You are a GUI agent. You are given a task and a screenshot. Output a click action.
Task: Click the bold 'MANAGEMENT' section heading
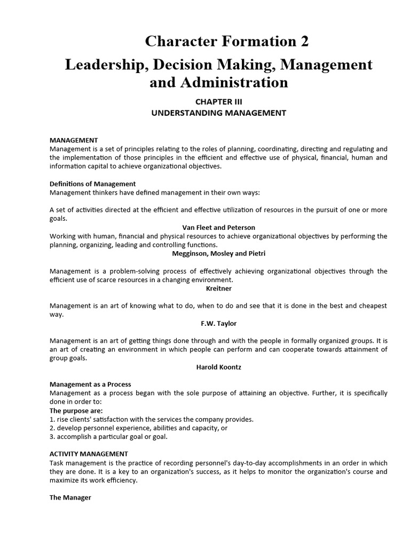(x=74, y=140)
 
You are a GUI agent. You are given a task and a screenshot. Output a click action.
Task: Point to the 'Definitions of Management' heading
(x=93, y=183)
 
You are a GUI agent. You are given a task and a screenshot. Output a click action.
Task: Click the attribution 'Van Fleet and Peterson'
(x=219, y=227)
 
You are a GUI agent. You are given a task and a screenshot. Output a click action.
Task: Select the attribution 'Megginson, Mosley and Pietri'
(x=219, y=253)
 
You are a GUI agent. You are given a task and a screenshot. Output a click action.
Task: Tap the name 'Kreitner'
(x=219, y=288)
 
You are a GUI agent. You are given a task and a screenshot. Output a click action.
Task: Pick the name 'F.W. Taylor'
(x=219, y=323)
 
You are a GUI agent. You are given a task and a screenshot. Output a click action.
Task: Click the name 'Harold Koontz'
(x=219, y=367)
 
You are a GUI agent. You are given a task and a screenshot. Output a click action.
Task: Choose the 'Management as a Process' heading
(x=90, y=384)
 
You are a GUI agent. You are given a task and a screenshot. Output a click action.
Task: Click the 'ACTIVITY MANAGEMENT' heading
(x=88, y=454)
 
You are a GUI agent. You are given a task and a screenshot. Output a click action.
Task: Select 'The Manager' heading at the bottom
(x=70, y=497)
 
